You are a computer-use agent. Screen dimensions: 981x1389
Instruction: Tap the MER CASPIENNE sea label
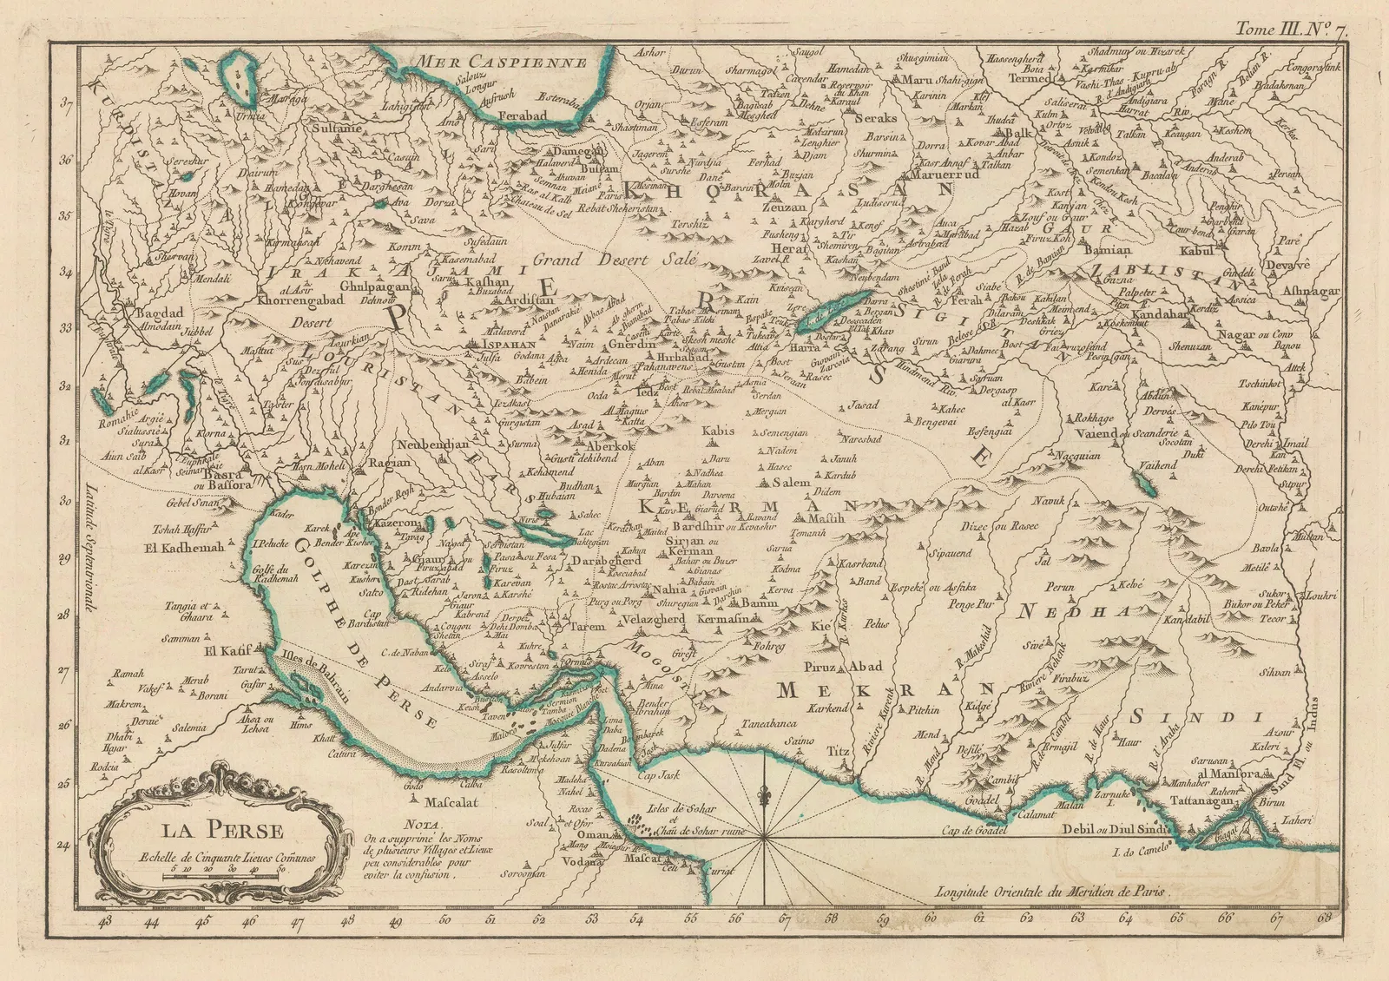(x=508, y=62)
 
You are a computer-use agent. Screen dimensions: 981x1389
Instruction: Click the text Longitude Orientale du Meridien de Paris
(x=1048, y=890)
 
